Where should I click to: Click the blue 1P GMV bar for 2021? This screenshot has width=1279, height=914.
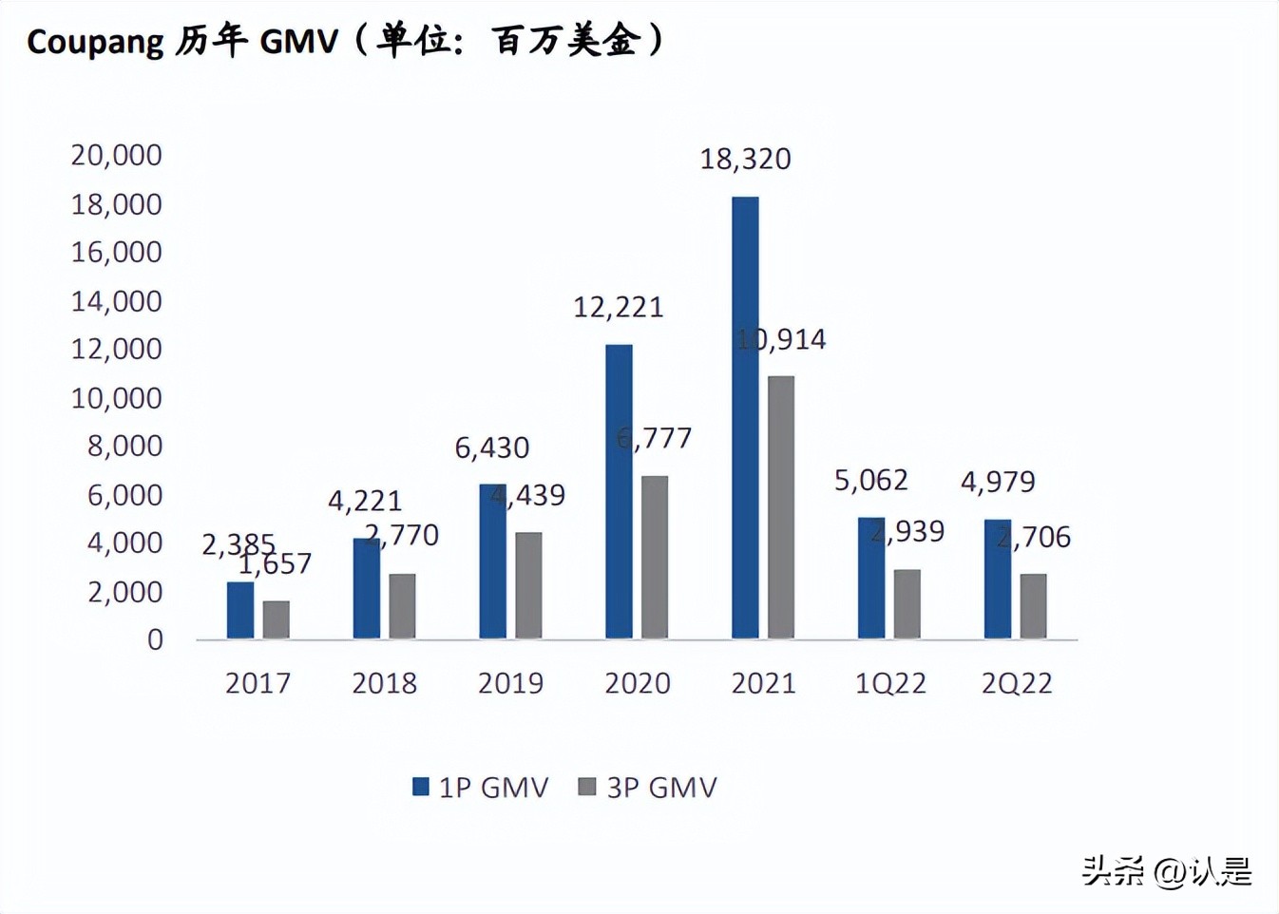745,417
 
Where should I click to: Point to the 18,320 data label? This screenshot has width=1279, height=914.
745,159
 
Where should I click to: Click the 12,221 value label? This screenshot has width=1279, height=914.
618,307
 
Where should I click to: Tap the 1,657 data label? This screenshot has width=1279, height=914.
275,564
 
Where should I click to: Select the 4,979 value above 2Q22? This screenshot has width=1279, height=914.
998,482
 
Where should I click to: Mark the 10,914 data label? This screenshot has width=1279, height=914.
781,339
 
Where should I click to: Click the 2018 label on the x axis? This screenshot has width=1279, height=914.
384,683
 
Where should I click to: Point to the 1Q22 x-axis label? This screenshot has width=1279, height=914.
890,683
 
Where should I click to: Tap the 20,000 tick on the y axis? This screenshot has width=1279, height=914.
116,155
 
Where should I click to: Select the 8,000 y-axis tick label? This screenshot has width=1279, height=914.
124,446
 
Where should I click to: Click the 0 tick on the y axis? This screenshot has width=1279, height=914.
155,640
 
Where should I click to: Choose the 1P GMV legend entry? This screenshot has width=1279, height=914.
480,787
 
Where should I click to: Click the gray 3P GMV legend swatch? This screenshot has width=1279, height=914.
587,787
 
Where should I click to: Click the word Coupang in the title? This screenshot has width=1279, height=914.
95,42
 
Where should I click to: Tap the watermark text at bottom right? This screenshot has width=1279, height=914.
1167,870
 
